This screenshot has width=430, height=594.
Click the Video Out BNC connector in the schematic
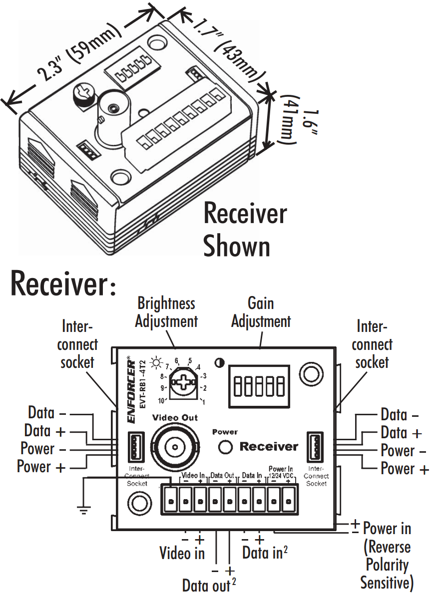tap(175, 446)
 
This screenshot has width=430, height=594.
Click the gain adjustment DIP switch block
tap(259, 386)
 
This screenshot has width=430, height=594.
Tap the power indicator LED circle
tap(225, 447)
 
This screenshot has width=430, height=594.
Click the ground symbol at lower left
tap(83, 510)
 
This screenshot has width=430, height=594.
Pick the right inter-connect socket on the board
tap(315, 447)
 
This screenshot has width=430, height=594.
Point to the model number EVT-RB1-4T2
tap(143, 384)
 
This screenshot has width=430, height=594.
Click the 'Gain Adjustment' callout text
tap(261, 312)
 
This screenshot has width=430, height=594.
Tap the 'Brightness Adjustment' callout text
tap(166, 312)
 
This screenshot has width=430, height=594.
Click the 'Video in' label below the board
tap(182, 553)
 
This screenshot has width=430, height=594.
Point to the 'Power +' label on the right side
tap(405, 469)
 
